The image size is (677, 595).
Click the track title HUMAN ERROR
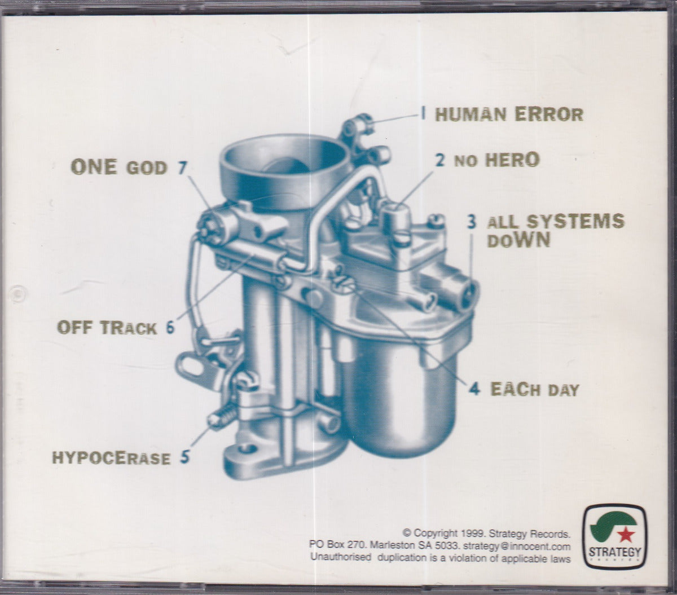(509, 114)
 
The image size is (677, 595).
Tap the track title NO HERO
(496, 160)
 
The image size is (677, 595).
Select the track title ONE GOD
(118, 167)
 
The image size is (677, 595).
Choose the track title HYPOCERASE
(111, 458)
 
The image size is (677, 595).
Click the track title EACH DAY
(534, 389)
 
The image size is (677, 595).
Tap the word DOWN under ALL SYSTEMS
(518, 240)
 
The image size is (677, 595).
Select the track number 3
(472, 222)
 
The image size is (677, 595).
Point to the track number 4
(474, 389)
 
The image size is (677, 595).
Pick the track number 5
(185, 457)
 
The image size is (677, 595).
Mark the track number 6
(170, 328)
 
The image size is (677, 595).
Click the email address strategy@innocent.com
(517, 546)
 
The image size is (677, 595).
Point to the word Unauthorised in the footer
(341, 558)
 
